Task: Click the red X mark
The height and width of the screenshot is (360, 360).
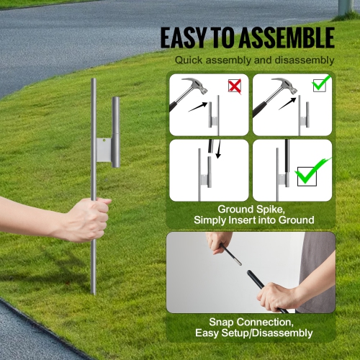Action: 234,86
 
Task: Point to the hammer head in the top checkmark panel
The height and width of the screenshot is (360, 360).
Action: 274,87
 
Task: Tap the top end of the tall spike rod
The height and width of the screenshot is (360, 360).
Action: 94,82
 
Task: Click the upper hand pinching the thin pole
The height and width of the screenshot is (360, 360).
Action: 217,241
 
